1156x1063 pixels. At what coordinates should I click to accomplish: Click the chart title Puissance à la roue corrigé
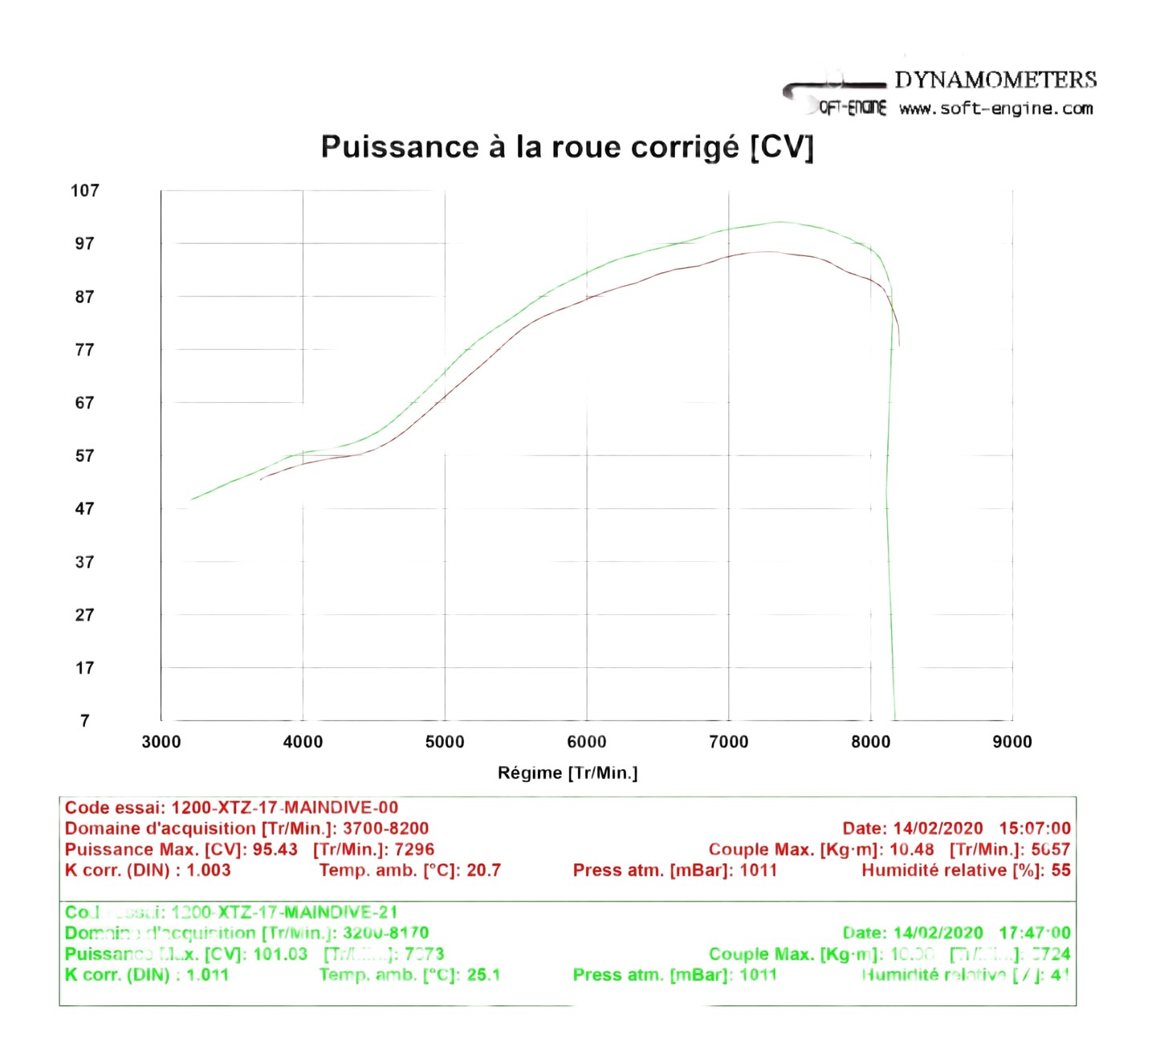point(567,147)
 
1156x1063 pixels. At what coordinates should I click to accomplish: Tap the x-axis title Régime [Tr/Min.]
point(568,773)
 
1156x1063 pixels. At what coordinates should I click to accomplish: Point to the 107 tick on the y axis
point(84,191)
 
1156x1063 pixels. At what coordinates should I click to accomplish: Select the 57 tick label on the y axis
point(84,456)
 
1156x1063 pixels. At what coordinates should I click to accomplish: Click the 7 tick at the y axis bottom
point(84,721)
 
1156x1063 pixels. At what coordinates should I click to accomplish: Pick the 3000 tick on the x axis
point(161,742)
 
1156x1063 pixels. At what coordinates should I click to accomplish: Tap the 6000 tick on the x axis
point(587,742)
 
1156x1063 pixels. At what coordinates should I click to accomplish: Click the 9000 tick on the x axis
point(1012,742)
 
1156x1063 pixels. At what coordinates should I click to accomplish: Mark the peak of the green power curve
point(779,222)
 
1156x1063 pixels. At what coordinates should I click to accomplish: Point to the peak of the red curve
point(767,252)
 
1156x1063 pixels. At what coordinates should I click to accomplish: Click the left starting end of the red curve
point(261,479)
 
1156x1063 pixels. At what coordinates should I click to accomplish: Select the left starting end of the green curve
point(191,500)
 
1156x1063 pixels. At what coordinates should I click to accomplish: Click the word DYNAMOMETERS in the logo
point(995,79)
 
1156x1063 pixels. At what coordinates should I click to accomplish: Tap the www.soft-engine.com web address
point(995,108)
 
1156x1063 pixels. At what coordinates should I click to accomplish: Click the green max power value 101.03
point(280,954)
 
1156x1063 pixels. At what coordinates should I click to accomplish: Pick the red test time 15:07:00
point(1035,829)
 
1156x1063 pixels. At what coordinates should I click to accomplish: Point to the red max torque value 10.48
point(911,849)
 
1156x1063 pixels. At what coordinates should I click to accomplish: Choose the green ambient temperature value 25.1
point(483,975)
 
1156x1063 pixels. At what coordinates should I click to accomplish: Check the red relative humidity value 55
point(1060,870)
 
